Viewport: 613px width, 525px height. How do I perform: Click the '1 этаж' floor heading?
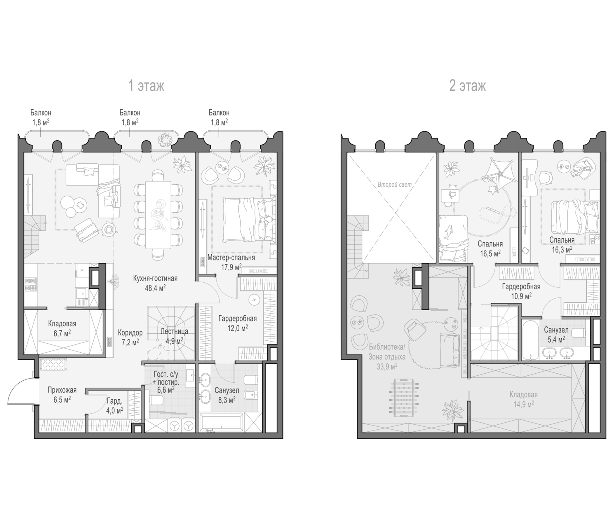pyautogui.click(x=146, y=86)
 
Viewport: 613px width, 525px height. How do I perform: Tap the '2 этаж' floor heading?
pyautogui.click(x=467, y=86)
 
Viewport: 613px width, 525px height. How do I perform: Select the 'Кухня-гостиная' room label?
pyautogui.click(x=155, y=279)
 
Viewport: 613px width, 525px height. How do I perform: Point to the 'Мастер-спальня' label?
pyautogui.click(x=231, y=258)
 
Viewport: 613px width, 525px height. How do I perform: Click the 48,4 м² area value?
pyautogui.click(x=155, y=288)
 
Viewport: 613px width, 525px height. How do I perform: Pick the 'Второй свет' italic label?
pyautogui.click(x=395, y=185)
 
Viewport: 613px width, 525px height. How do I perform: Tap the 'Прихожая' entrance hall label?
pyautogui.click(x=62, y=390)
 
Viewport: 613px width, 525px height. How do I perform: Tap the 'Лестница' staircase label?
pyautogui.click(x=175, y=331)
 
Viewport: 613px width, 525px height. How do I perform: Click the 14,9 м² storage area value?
pyautogui.click(x=524, y=404)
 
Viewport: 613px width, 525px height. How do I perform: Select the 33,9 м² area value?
pyautogui.click(x=387, y=367)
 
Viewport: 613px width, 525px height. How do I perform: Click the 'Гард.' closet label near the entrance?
pyautogui.click(x=114, y=401)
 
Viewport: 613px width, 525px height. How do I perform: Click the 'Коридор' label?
pyautogui.click(x=130, y=333)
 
